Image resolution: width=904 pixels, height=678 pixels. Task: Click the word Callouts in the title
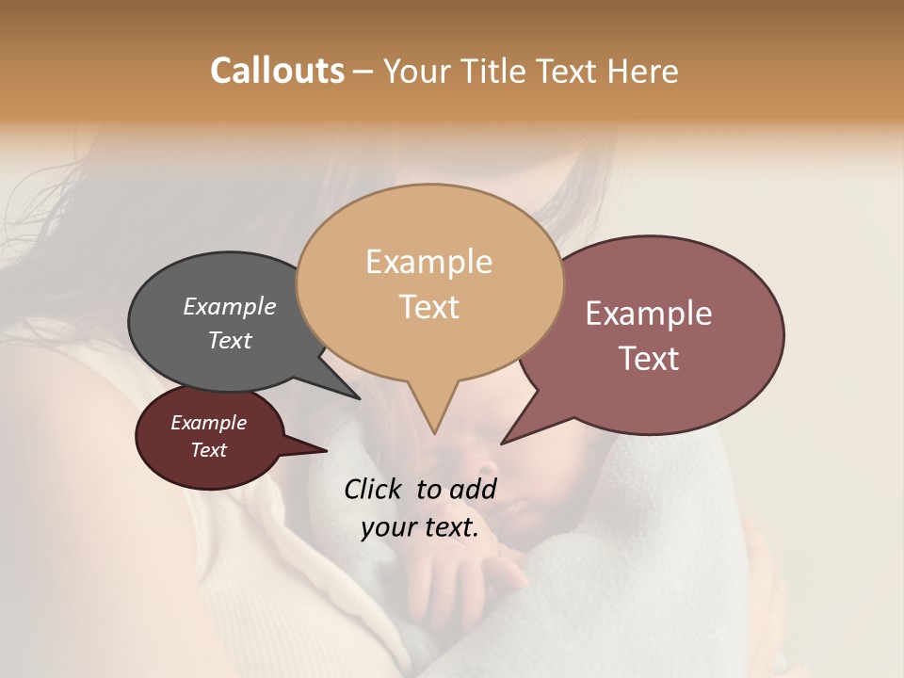pyautogui.click(x=277, y=71)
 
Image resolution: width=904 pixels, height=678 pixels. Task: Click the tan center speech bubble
pyautogui.click(x=429, y=348)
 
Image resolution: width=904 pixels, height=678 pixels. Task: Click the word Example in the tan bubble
pyautogui.click(x=428, y=262)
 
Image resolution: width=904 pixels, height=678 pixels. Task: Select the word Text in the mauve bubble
pyautogui.click(x=649, y=359)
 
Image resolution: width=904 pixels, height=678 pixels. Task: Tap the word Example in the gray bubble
pyautogui.click(x=230, y=306)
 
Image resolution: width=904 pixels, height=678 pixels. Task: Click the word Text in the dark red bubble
pyautogui.click(x=209, y=450)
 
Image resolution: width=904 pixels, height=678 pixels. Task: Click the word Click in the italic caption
pyautogui.click(x=373, y=489)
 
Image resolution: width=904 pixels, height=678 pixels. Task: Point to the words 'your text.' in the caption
pyautogui.click(x=420, y=527)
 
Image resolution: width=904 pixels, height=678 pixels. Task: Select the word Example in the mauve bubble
pyautogui.click(x=649, y=314)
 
